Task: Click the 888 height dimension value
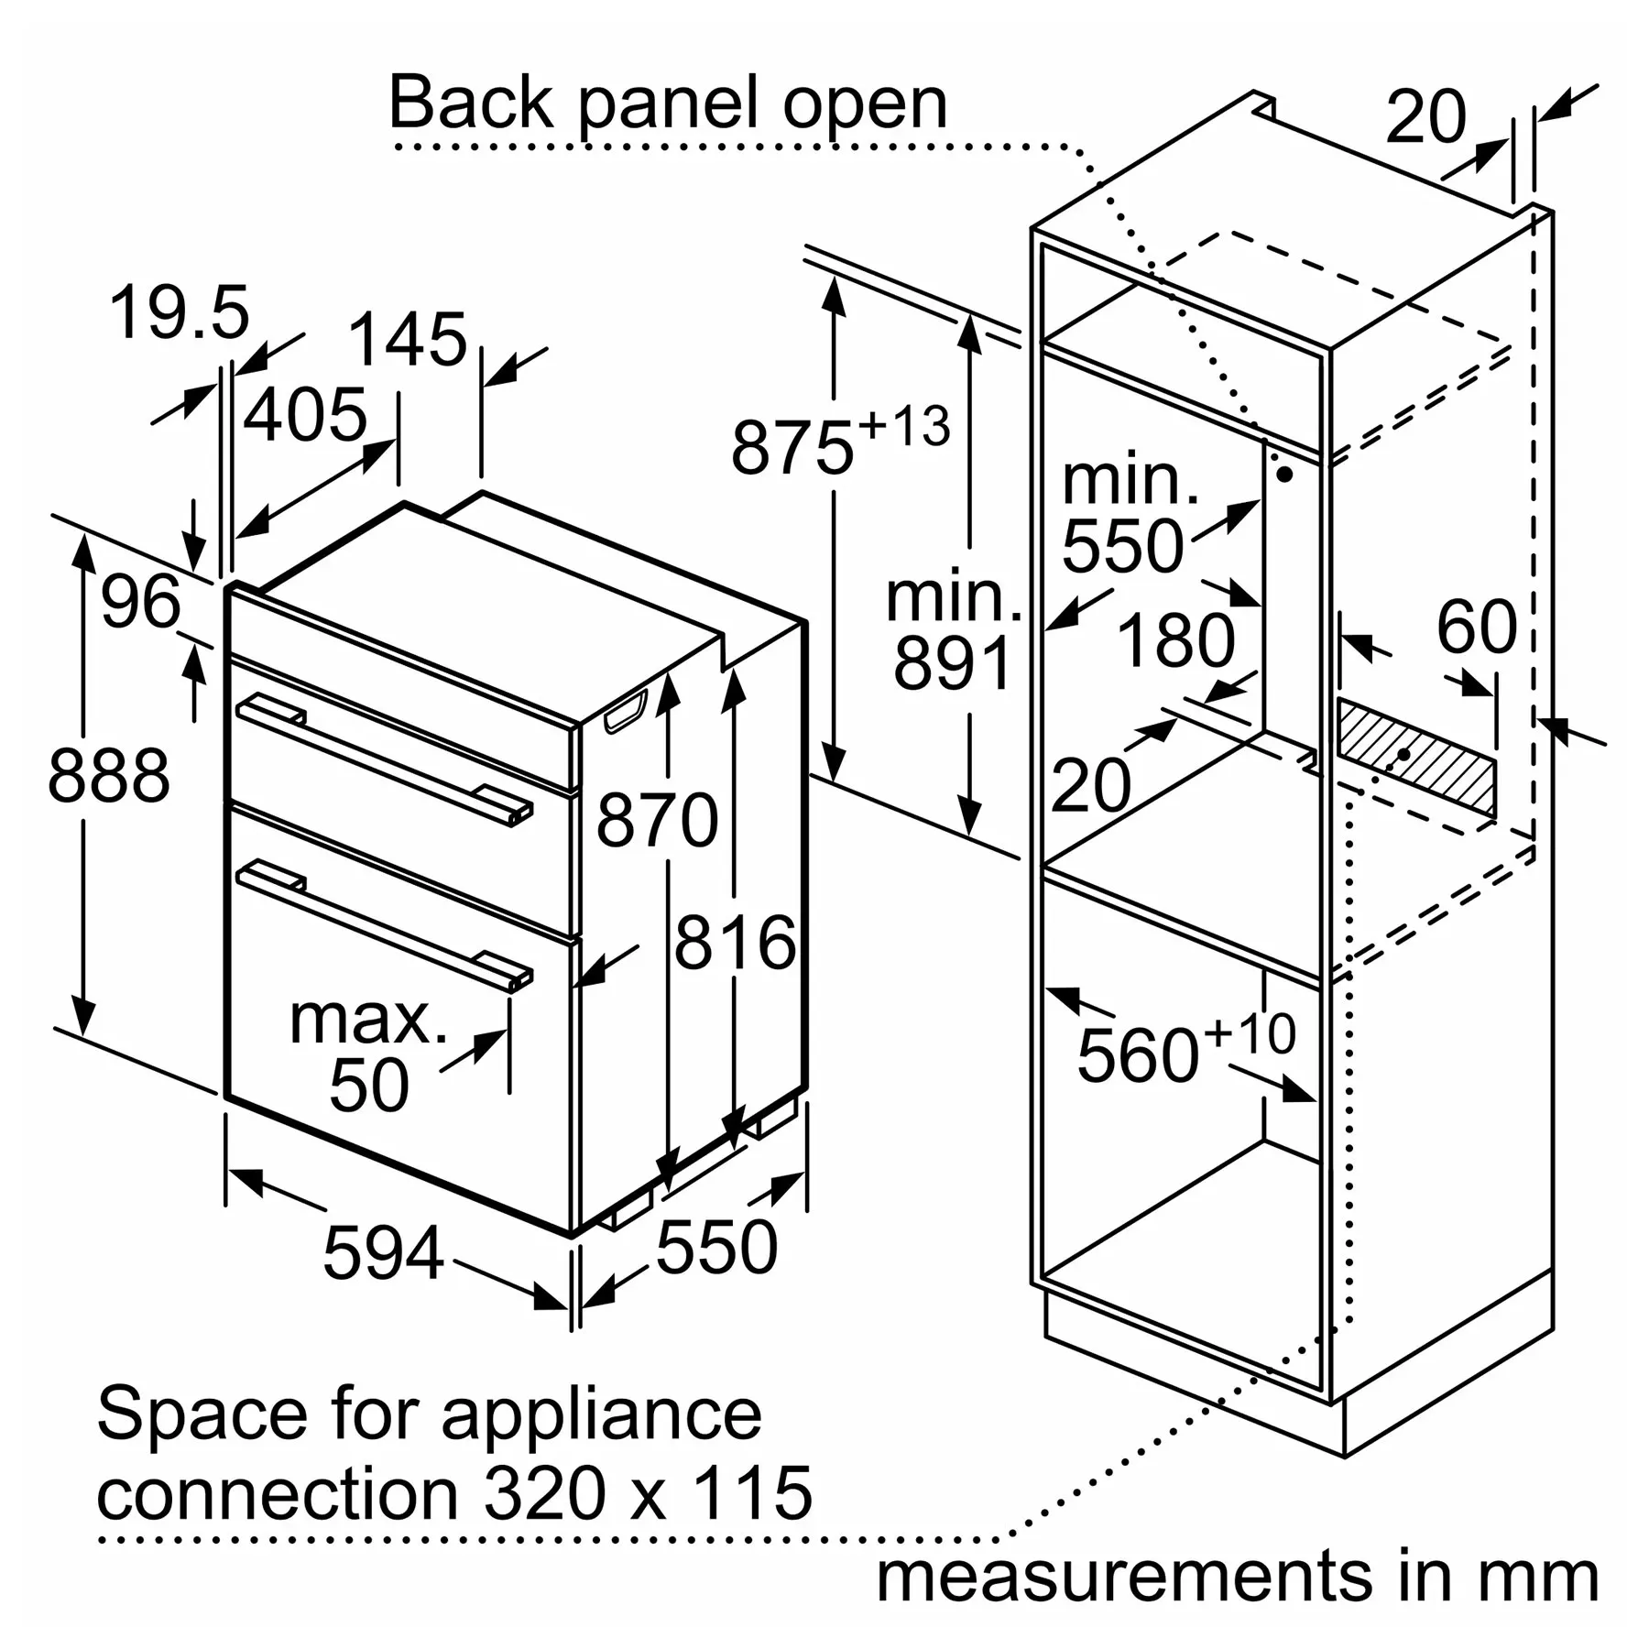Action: pyautogui.click(x=108, y=777)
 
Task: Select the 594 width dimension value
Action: pyautogui.click(x=383, y=1252)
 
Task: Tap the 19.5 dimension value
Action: pyautogui.click(x=180, y=313)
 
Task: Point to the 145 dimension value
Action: pyautogui.click(x=408, y=341)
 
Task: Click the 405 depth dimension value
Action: pyautogui.click(x=305, y=416)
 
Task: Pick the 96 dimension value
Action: pyautogui.click(x=140, y=603)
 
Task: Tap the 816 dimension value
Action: pyautogui.click(x=735, y=943)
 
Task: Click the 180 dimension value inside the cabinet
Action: pyautogui.click(x=1175, y=641)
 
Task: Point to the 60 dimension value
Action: pyautogui.click(x=1476, y=628)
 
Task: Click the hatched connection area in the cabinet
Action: pyautogui.click(x=1415, y=759)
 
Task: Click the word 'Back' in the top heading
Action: pyautogui.click(x=471, y=103)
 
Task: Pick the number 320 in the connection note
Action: pyautogui.click(x=544, y=1494)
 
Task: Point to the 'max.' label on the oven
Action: pyautogui.click(x=368, y=1019)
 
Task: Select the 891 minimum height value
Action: pyautogui.click(x=953, y=663)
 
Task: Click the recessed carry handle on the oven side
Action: pyautogui.click(x=625, y=712)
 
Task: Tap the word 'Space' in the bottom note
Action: pyautogui.click(x=202, y=1414)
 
